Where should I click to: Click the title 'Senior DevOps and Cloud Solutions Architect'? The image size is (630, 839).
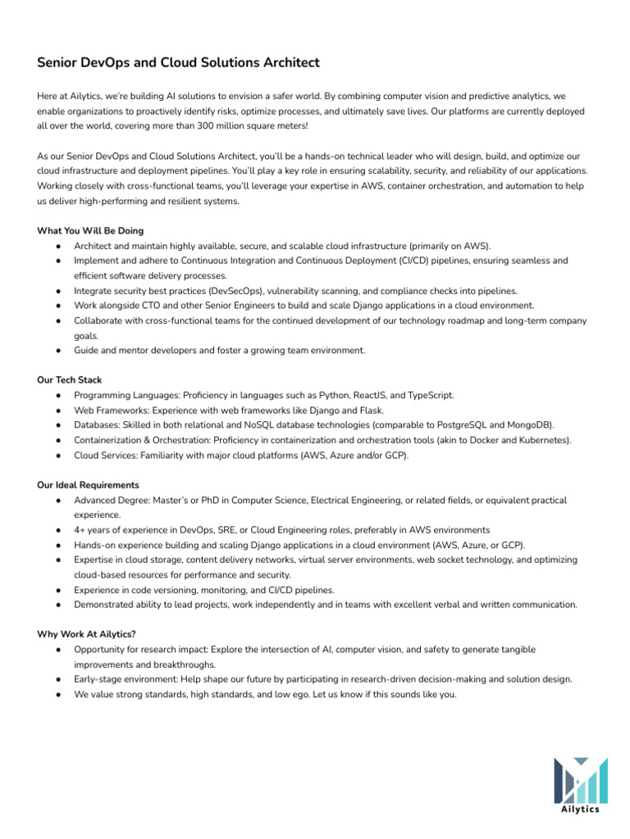(178, 63)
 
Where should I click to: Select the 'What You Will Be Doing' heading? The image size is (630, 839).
(90, 231)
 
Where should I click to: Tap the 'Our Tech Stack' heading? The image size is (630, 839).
(71, 380)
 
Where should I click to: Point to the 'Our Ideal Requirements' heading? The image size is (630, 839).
(88, 485)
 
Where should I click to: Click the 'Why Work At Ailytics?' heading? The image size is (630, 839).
(85, 634)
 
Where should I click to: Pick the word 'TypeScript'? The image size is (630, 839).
(428, 396)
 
